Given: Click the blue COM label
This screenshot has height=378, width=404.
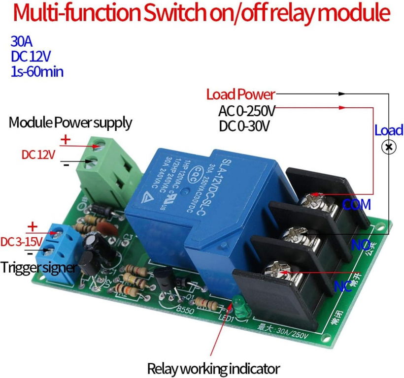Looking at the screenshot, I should [x=356, y=205].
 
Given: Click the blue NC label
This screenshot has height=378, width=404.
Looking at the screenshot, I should [x=343, y=286].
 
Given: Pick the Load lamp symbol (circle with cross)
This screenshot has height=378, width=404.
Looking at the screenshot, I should [x=389, y=147].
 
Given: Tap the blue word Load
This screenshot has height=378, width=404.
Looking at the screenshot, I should [x=389, y=131].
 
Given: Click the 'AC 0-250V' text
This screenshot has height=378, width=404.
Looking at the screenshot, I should [x=247, y=110].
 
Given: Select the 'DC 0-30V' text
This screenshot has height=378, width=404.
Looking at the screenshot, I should [x=244, y=126].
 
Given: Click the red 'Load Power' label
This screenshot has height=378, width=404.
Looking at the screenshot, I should [x=240, y=94].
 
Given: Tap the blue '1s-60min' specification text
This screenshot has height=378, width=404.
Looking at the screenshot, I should [x=37, y=72].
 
